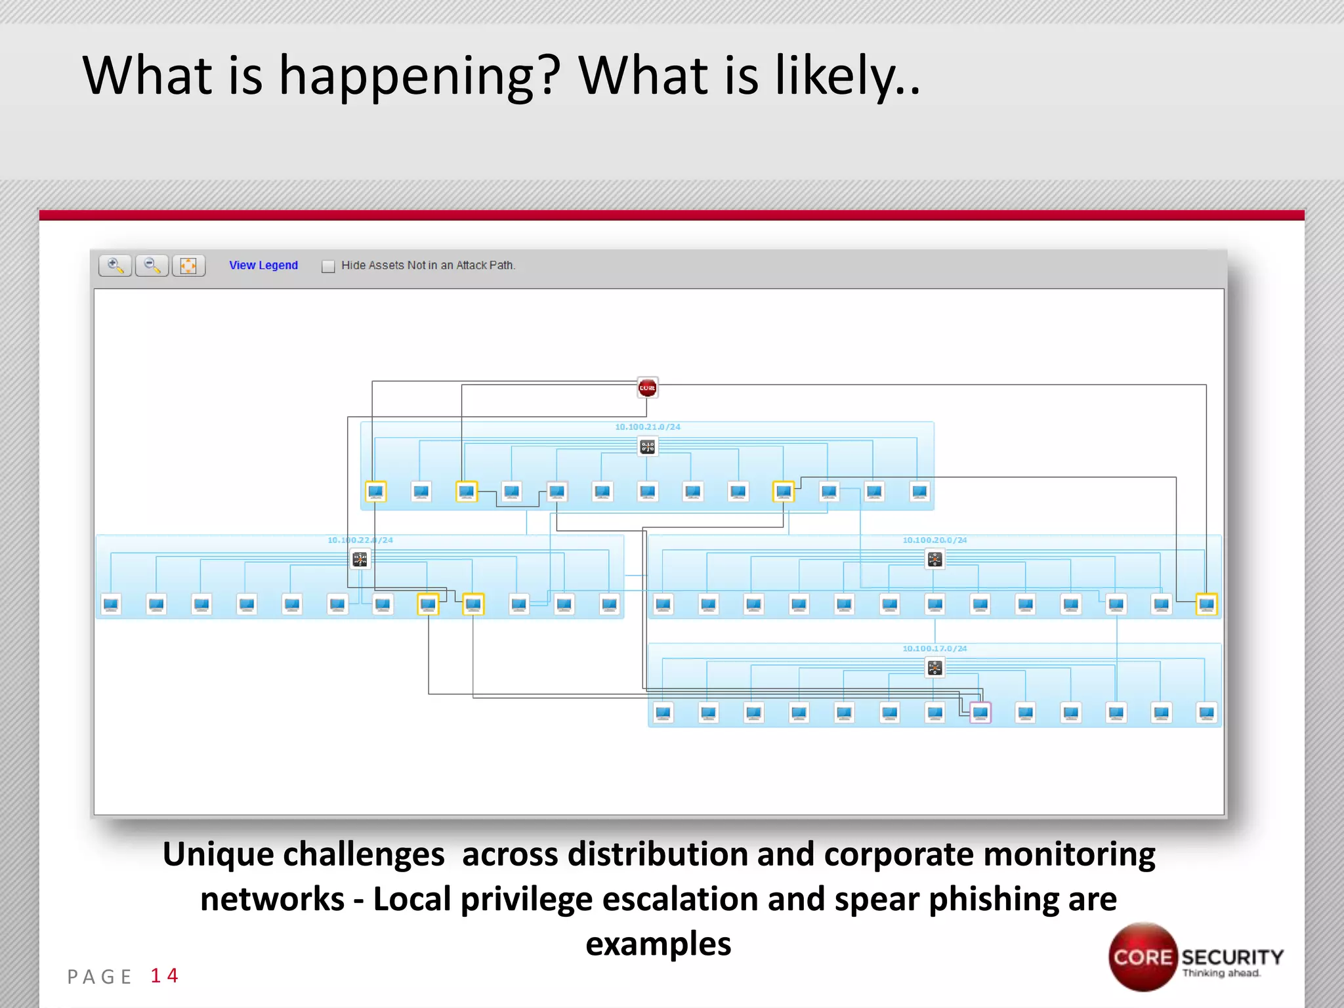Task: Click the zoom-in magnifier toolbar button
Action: coord(115,265)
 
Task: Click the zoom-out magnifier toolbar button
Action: coord(152,265)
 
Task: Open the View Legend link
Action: coord(263,265)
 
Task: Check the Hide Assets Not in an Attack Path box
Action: coord(328,266)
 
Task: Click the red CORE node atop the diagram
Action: coord(647,388)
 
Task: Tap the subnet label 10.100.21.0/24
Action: coord(647,427)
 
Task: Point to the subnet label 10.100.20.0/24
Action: coord(934,540)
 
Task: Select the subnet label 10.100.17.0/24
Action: coord(934,648)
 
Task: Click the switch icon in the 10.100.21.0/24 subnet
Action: coord(647,447)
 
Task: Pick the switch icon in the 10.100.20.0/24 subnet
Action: coord(934,559)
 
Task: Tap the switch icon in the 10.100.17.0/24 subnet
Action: coord(934,668)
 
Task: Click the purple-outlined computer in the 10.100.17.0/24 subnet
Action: coord(980,712)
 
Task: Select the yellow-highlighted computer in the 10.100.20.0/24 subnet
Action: coord(1206,604)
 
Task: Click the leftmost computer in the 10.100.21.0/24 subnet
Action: coord(375,492)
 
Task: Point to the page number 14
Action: coord(164,976)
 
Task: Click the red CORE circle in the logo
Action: coord(1143,957)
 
